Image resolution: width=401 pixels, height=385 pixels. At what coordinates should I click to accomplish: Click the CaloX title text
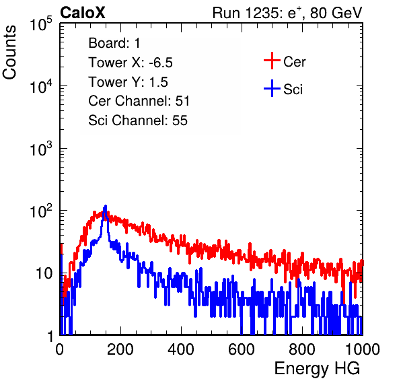(x=83, y=13)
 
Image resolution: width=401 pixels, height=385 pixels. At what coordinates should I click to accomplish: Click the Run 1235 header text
(x=287, y=13)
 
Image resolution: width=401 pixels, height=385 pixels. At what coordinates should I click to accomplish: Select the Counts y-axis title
(x=9, y=53)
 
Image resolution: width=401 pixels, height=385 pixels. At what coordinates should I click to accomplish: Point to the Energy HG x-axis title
(x=317, y=369)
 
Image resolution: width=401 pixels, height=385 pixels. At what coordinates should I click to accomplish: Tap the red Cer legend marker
(x=272, y=61)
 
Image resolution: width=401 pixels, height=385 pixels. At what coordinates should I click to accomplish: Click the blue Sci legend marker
(x=272, y=89)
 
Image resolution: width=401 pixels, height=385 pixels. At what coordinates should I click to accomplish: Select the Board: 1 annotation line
(x=114, y=43)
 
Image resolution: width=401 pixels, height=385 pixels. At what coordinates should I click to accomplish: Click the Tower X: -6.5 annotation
(x=131, y=63)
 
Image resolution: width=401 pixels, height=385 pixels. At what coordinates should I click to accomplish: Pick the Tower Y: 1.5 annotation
(x=128, y=82)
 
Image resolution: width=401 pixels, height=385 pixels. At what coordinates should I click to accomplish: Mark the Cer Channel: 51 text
(x=139, y=101)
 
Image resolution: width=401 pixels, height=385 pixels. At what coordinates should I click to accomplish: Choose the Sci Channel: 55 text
(x=138, y=120)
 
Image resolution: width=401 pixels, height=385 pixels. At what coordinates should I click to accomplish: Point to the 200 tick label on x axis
(x=120, y=349)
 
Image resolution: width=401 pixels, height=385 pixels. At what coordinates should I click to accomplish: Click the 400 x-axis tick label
(x=181, y=349)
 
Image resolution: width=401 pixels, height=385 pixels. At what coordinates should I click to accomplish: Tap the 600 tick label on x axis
(x=242, y=349)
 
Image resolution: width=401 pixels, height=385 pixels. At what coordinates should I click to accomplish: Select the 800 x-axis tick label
(x=302, y=349)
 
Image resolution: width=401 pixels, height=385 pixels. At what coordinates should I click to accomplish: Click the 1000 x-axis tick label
(x=363, y=349)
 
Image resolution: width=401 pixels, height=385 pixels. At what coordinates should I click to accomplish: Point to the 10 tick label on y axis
(x=44, y=274)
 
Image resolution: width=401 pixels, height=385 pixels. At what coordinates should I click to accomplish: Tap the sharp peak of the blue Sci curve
(x=105, y=206)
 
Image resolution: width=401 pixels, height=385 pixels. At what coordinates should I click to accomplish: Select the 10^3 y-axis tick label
(x=41, y=149)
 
